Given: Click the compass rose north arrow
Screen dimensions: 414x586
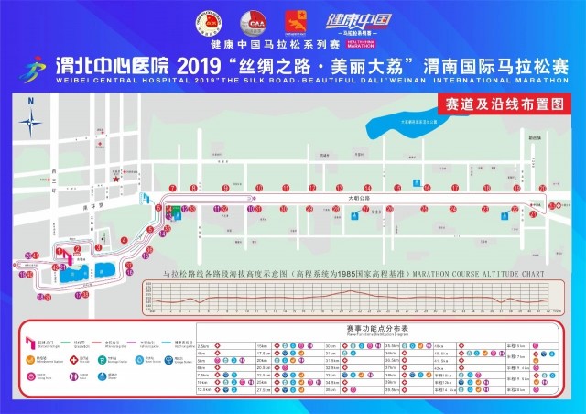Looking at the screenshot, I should coord(31,119).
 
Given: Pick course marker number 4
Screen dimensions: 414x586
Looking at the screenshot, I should coord(124,240).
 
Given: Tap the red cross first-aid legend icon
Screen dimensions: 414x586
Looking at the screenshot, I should coord(56,360).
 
